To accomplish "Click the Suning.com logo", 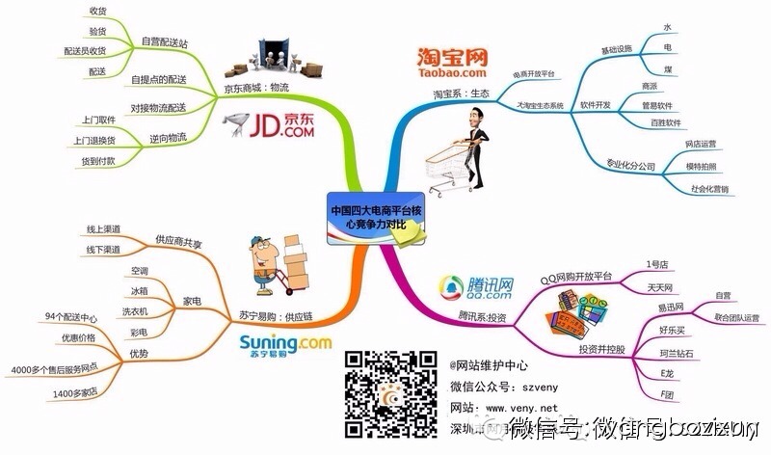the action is coord(283,345).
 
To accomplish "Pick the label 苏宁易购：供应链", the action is coord(267,315).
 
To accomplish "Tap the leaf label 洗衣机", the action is coord(135,311).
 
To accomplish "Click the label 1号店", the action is coord(659,264).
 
